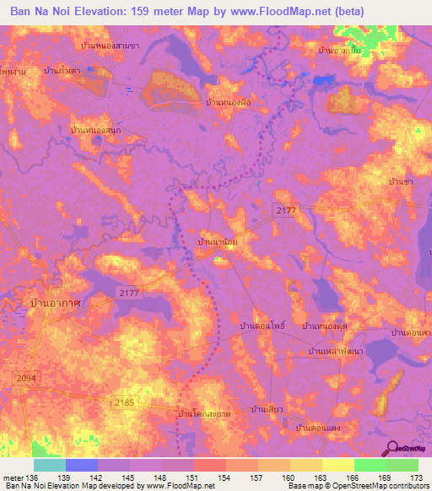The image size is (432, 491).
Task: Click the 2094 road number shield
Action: tap(24, 381)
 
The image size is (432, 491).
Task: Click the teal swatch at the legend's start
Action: tap(50, 465)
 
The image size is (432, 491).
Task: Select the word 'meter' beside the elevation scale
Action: tap(13, 478)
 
